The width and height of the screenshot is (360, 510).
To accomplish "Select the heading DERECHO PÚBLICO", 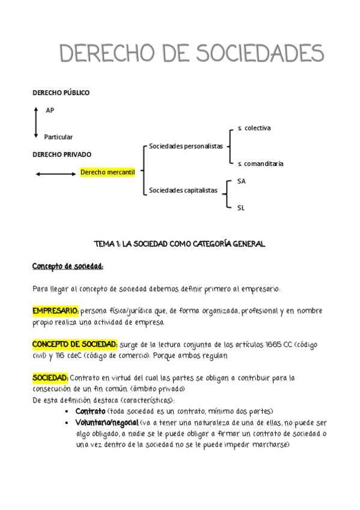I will [61, 93].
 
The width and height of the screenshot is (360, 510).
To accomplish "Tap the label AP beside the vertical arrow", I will [50, 110].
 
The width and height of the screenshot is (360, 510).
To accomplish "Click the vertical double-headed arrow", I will [36, 123].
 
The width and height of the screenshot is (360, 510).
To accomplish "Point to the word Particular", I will [58, 137].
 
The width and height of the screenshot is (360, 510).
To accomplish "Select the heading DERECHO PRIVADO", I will [61, 155].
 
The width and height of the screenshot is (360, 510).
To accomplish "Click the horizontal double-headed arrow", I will [55, 174].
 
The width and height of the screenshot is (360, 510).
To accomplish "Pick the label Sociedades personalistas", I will [186, 146].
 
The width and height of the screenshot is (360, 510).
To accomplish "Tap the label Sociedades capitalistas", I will [183, 191].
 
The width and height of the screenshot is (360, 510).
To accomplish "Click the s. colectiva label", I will [254, 128].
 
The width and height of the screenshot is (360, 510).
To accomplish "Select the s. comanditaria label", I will [260, 164].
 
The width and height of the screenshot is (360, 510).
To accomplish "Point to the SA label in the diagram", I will [241, 180].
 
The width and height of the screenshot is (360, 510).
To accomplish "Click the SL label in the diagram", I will [240, 207].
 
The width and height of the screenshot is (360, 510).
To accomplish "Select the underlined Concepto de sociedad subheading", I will [68, 266].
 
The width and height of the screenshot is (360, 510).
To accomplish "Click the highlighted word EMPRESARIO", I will [55, 312].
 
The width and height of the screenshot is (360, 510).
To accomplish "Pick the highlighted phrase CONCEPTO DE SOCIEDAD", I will [75, 344].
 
